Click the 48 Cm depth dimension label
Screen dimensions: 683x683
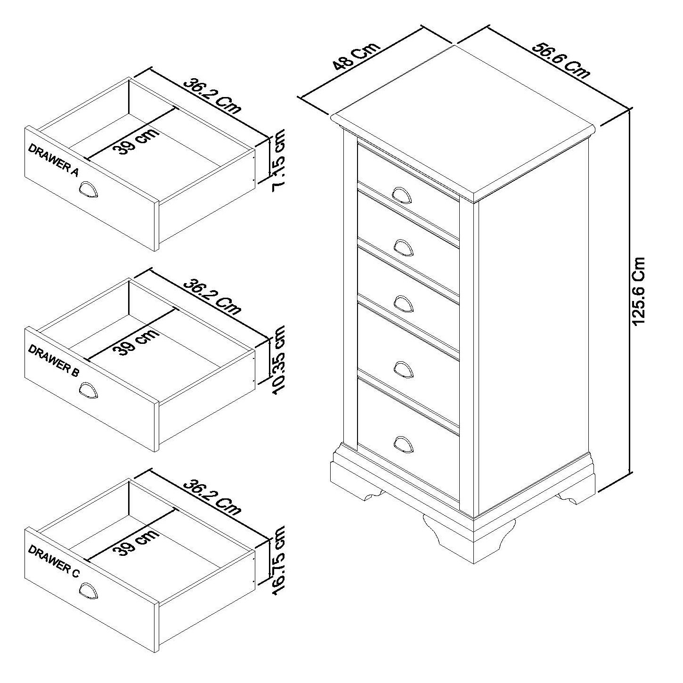point(356,56)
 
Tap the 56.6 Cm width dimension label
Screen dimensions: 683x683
point(561,60)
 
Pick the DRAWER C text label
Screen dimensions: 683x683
point(54,562)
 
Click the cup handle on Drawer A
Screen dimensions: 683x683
point(88,191)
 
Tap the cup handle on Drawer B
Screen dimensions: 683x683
point(88,391)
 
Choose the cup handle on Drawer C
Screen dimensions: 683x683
point(88,592)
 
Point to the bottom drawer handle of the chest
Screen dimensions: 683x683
point(402,444)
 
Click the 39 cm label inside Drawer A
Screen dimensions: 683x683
point(136,141)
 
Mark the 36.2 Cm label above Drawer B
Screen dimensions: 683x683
point(212,296)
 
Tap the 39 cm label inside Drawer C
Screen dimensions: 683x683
point(136,542)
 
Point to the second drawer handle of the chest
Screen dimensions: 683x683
point(402,247)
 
